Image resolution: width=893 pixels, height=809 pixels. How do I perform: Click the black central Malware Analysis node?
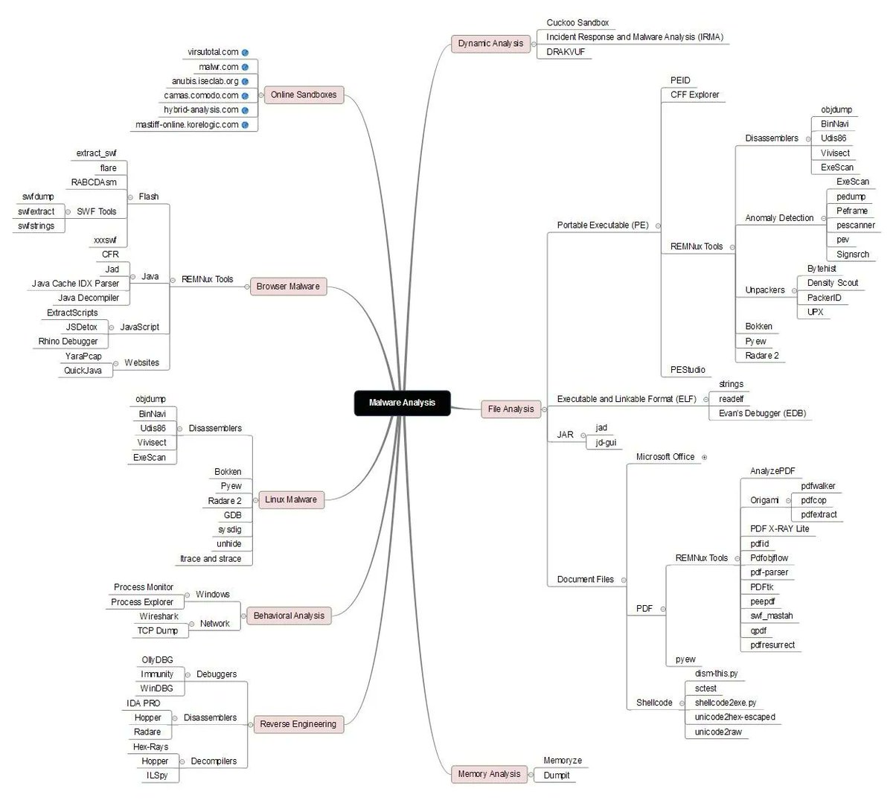pyautogui.click(x=402, y=403)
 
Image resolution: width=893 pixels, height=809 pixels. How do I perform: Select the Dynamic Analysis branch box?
pyautogui.click(x=490, y=44)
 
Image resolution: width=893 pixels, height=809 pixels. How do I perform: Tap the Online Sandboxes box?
pyautogui.click(x=303, y=95)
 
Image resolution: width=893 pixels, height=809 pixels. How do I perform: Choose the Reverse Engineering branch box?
pyautogui.click(x=298, y=724)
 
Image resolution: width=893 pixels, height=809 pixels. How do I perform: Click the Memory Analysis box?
pyautogui.click(x=489, y=775)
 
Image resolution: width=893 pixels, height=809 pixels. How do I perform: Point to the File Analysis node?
pyautogui.click(x=510, y=409)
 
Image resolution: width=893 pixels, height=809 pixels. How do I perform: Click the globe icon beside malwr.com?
pyautogui.click(x=245, y=67)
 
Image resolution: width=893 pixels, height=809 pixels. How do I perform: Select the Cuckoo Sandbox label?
pyautogui.click(x=577, y=23)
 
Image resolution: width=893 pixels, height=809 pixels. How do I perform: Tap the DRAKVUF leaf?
pyautogui.click(x=566, y=51)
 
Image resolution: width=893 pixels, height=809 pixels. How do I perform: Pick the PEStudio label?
pyautogui.click(x=688, y=370)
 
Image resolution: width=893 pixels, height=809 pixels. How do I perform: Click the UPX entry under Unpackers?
pyautogui.click(x=815, y=312)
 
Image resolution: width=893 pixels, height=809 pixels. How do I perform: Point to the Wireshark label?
pyautogui.click(x=159, y=616)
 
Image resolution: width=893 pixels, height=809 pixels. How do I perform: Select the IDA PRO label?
pyautogui.click(x=143, y=703)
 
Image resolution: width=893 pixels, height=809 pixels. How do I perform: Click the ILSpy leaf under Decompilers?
pyautogui.click(x=157, y=776)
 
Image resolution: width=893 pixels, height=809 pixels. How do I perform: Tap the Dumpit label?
pyautogui.click(x=557, y=776)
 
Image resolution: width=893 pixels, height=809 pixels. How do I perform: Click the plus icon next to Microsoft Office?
pyautogui.click(x=704, y=457)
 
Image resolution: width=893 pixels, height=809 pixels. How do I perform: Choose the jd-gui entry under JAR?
pyautogui.click(x=606, y=442)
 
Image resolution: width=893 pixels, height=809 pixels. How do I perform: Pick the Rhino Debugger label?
pyautogui.click(x=68, y=342)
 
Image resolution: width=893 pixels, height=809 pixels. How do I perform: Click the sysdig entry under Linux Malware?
pyautogui.click(x=229, y=529)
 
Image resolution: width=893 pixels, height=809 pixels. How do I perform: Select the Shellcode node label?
pyautogui.click(x=654, y=703)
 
